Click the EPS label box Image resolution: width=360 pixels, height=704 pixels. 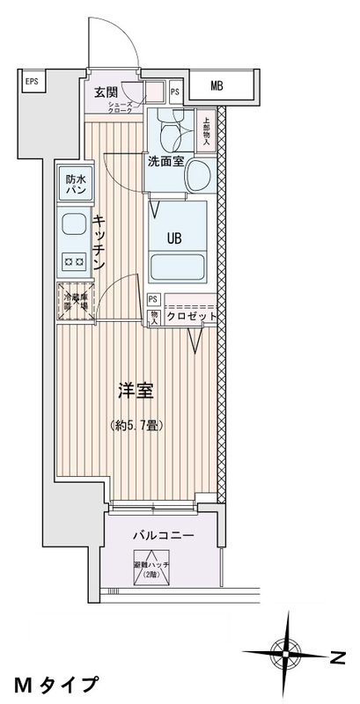31,84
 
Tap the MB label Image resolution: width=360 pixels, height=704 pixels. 217,85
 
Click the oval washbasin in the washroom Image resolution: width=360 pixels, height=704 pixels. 199,173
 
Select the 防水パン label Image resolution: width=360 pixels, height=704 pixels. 74,185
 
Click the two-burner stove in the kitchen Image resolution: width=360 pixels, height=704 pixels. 72,261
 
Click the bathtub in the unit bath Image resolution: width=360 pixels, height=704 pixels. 180,266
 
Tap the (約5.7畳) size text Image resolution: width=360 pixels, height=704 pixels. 136,425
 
